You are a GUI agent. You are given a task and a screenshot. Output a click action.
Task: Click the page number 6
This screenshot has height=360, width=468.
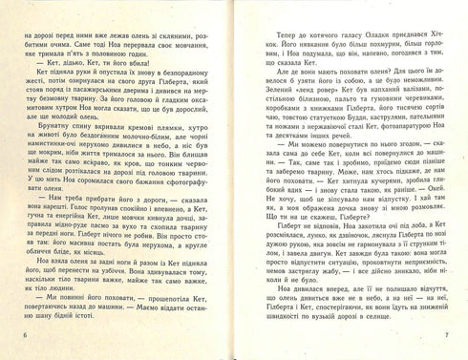(23, 344)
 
